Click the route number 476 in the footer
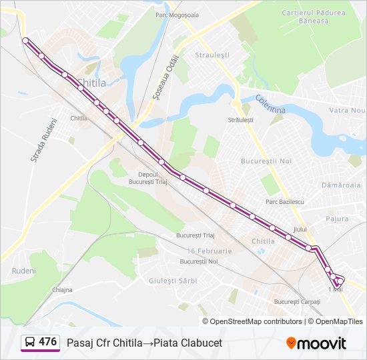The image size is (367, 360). (x=47, y=342)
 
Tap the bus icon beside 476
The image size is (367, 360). (x=31, y=343)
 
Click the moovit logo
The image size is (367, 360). (x=316, y=343)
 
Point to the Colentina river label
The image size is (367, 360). (x=270, y=104)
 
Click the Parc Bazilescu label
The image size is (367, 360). (x=284, y=201)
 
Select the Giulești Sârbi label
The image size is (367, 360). (x=173, y=281)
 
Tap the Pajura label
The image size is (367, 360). (x=337, y=218)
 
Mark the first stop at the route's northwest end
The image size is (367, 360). (x=25, y=41)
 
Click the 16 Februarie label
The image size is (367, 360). (x=210, y=251)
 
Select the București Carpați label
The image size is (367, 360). (x=297, y=302)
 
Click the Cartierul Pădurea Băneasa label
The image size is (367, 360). (x=314, y=17)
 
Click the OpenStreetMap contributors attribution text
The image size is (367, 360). (x=256, y=321)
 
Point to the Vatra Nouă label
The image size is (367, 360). (x=348, y=109)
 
